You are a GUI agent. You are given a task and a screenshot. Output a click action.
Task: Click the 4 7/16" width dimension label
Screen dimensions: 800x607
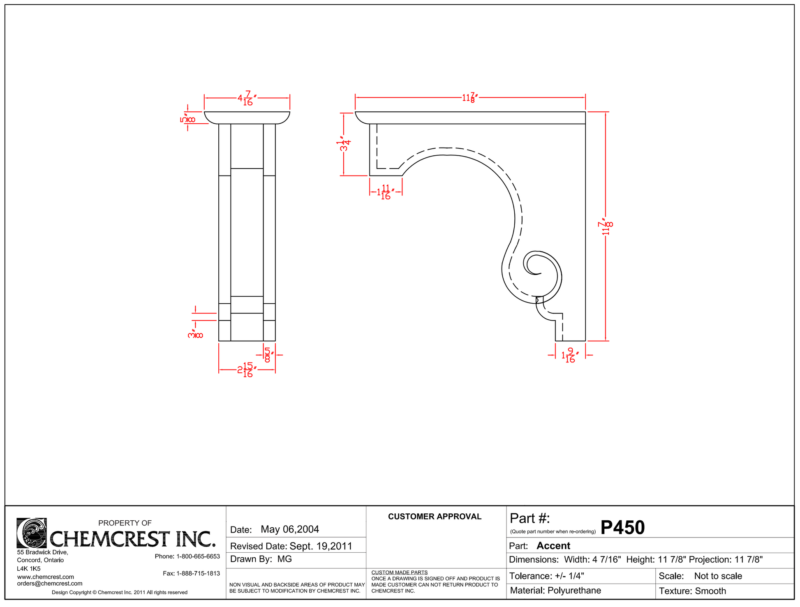pos(247,99)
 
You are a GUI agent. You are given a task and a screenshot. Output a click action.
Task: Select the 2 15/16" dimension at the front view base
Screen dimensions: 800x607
pos(247,370)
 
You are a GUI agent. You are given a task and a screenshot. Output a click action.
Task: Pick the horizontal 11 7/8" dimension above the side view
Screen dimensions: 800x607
pos(470,98)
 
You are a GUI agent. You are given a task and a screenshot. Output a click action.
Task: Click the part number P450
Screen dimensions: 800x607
pos(622,528)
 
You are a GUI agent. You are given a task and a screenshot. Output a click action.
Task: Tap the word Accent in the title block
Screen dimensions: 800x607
pos(553,546)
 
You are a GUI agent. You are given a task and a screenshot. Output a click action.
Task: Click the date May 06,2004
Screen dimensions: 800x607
pos(290,529)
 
